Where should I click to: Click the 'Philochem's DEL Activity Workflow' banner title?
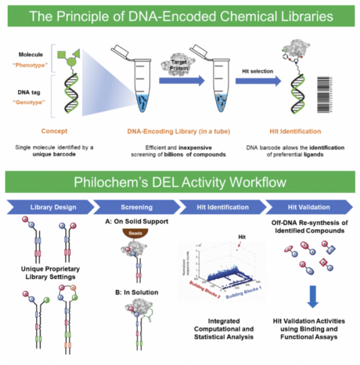point(179,182)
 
